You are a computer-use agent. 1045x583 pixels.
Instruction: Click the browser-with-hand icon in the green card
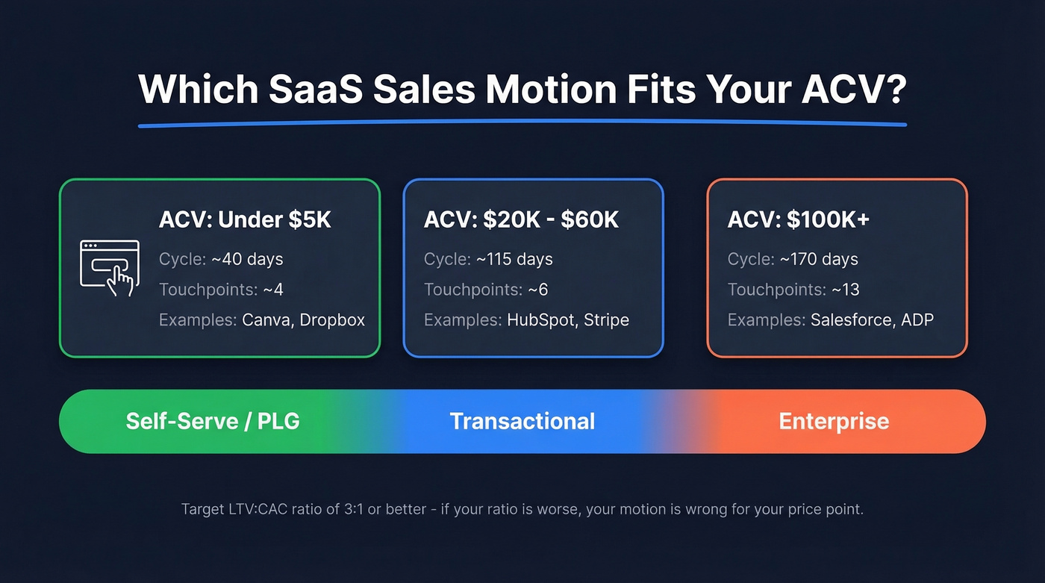(109, 267)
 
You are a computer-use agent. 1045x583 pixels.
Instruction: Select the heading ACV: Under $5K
(245, 220)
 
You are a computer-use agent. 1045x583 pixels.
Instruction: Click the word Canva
(267, 320)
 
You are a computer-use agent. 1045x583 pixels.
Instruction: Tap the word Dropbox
(332, 320)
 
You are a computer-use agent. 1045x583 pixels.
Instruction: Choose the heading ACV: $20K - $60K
(521, 220)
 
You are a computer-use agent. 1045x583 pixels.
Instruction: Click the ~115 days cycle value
(514, 260)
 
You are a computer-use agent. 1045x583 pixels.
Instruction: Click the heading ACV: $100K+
(799, 220)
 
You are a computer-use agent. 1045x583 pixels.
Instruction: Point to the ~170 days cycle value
(819, 260)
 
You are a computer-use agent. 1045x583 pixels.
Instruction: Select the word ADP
(917, 320)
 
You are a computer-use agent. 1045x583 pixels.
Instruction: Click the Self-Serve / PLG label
(213, 421)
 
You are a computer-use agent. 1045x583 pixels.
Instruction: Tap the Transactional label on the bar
(522, 421)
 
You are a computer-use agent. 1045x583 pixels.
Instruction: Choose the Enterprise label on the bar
(834, 421)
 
